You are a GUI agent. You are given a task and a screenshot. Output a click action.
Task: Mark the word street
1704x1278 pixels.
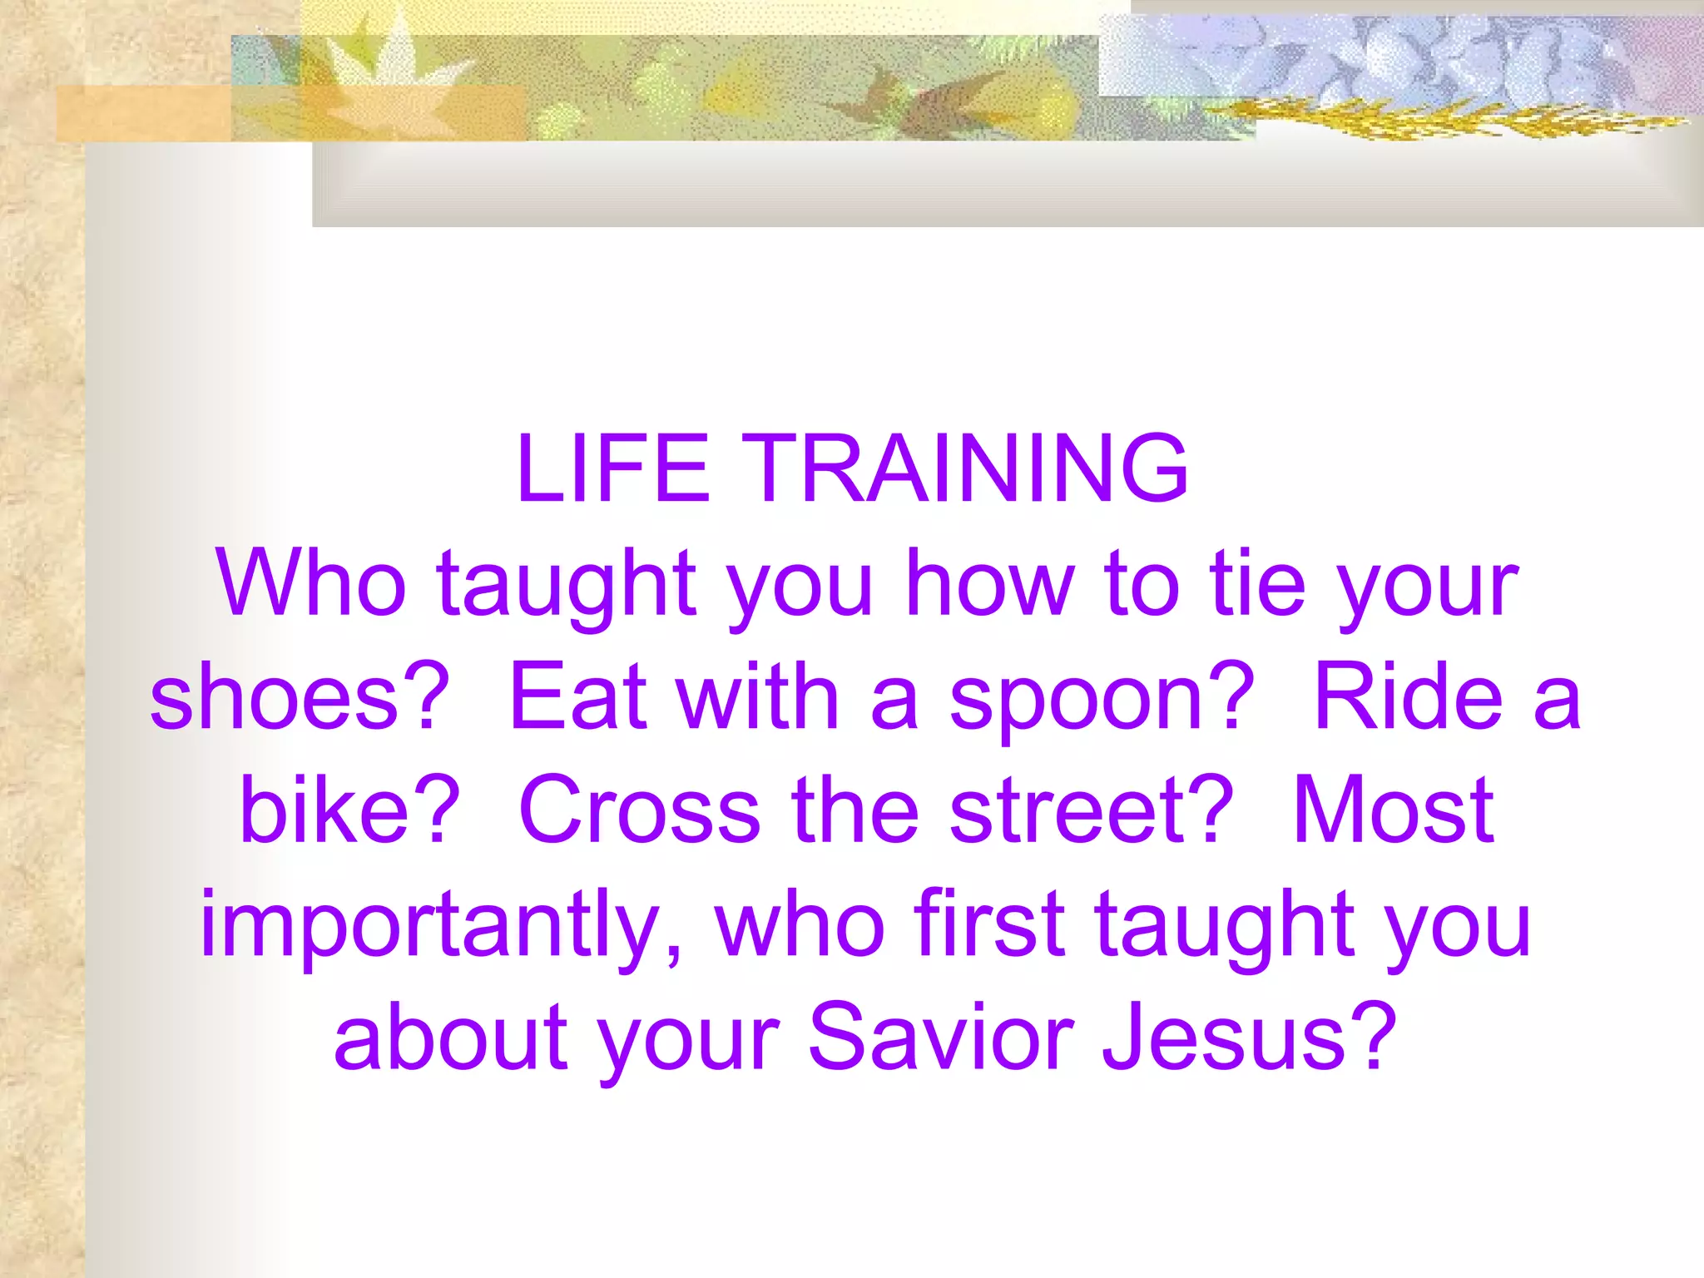click(1090, 811)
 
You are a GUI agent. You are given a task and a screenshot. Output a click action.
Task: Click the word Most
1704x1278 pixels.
click(1393, 811)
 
